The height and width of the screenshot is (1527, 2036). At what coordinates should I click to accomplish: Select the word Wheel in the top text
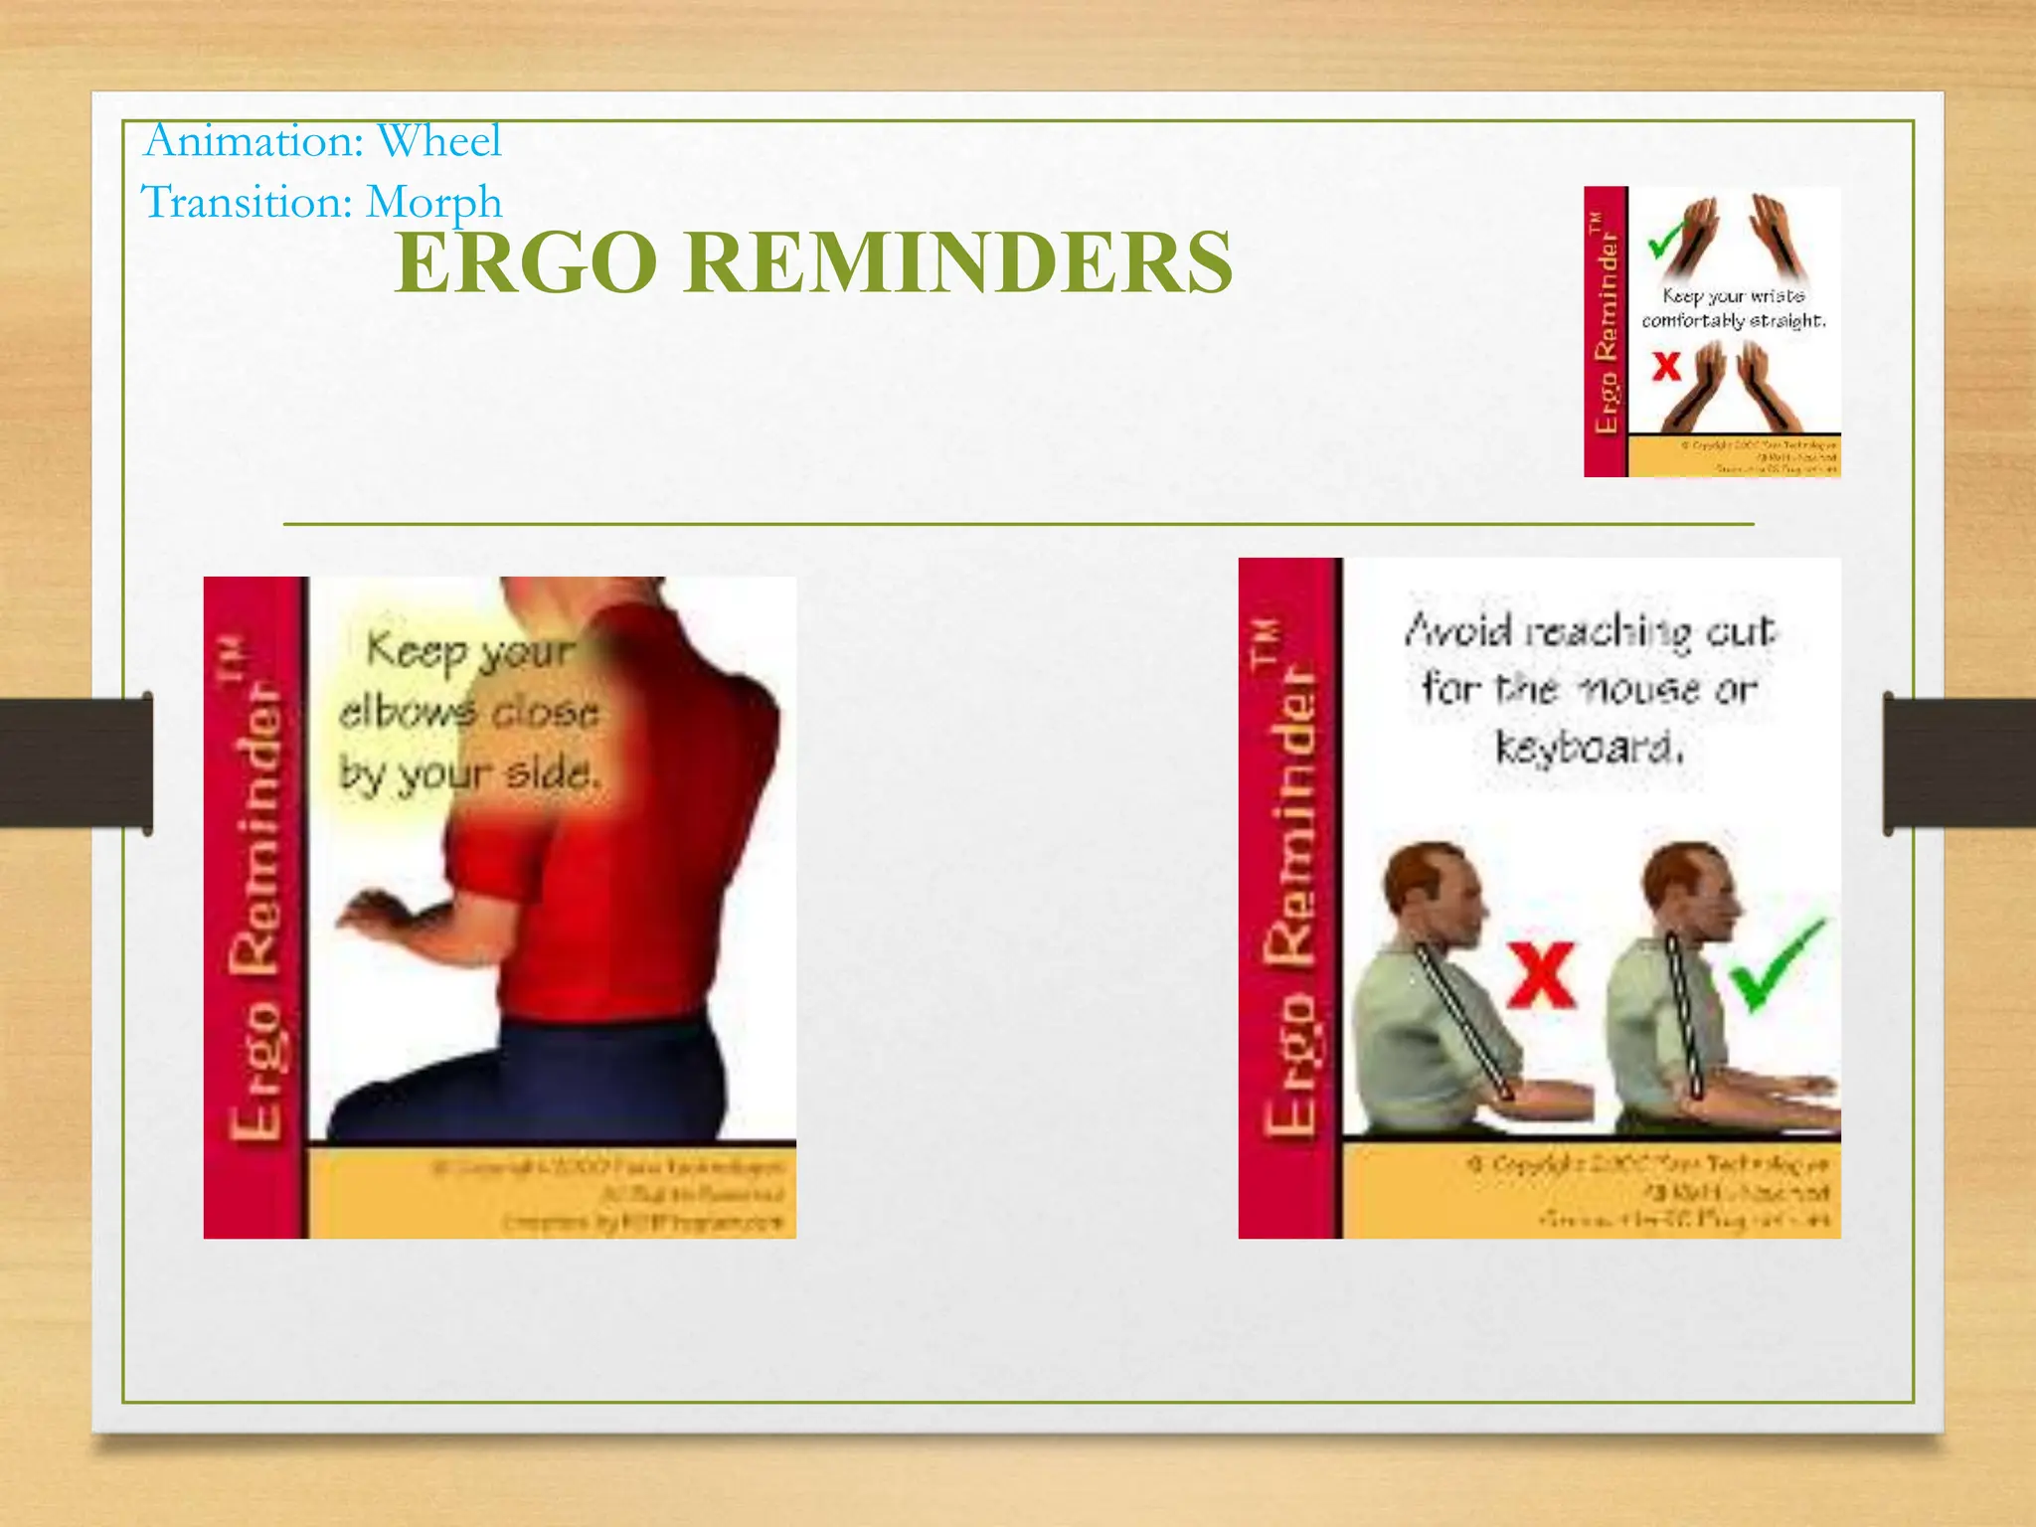[439, 141]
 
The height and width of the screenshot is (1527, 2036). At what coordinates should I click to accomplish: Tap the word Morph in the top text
[433, 202]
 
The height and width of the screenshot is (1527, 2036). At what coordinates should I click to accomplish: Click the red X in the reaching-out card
[1541, 975]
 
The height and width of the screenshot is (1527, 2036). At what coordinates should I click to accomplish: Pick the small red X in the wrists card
[1666, 367]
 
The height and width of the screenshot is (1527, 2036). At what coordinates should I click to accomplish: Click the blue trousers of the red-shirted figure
[557, 1084]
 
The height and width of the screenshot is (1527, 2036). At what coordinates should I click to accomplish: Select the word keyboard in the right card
[1589, 748]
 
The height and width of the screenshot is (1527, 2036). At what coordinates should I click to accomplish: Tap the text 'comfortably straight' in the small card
[1733, 321]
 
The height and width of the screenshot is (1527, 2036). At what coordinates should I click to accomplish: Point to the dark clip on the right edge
[1958, 763]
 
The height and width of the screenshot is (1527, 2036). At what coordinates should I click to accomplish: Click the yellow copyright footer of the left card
[552, 1193]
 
